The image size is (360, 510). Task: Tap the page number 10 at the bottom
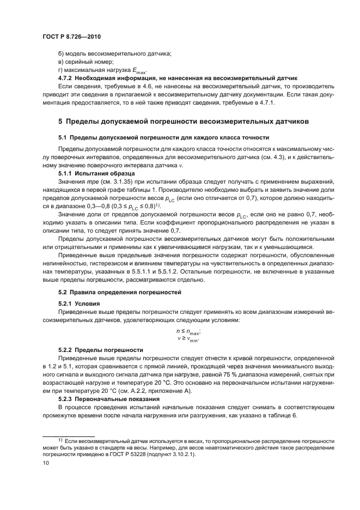pos(46,463)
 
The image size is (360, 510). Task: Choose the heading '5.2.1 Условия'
pos(80,303)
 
